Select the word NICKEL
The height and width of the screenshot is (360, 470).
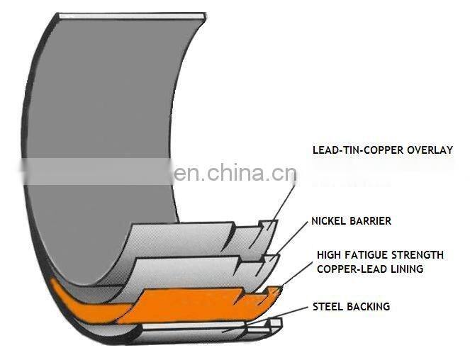pos(329,221)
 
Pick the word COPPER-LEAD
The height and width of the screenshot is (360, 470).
pos(347,269)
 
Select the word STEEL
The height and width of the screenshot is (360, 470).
pos(329,307)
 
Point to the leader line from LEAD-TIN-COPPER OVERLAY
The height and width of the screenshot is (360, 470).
pos(284,198)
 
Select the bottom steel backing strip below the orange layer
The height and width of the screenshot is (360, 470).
pos(191,327)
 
